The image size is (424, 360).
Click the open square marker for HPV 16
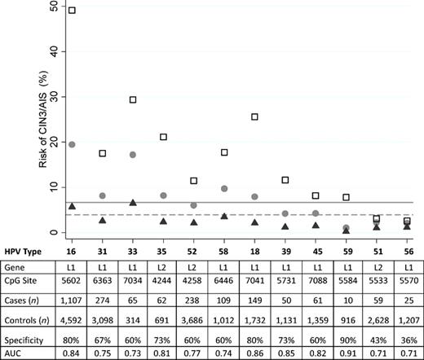[72, 11]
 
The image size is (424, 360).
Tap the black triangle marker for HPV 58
[223, 216]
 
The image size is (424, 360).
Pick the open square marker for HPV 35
[163, 137]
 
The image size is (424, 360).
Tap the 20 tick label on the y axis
[52, 142]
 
